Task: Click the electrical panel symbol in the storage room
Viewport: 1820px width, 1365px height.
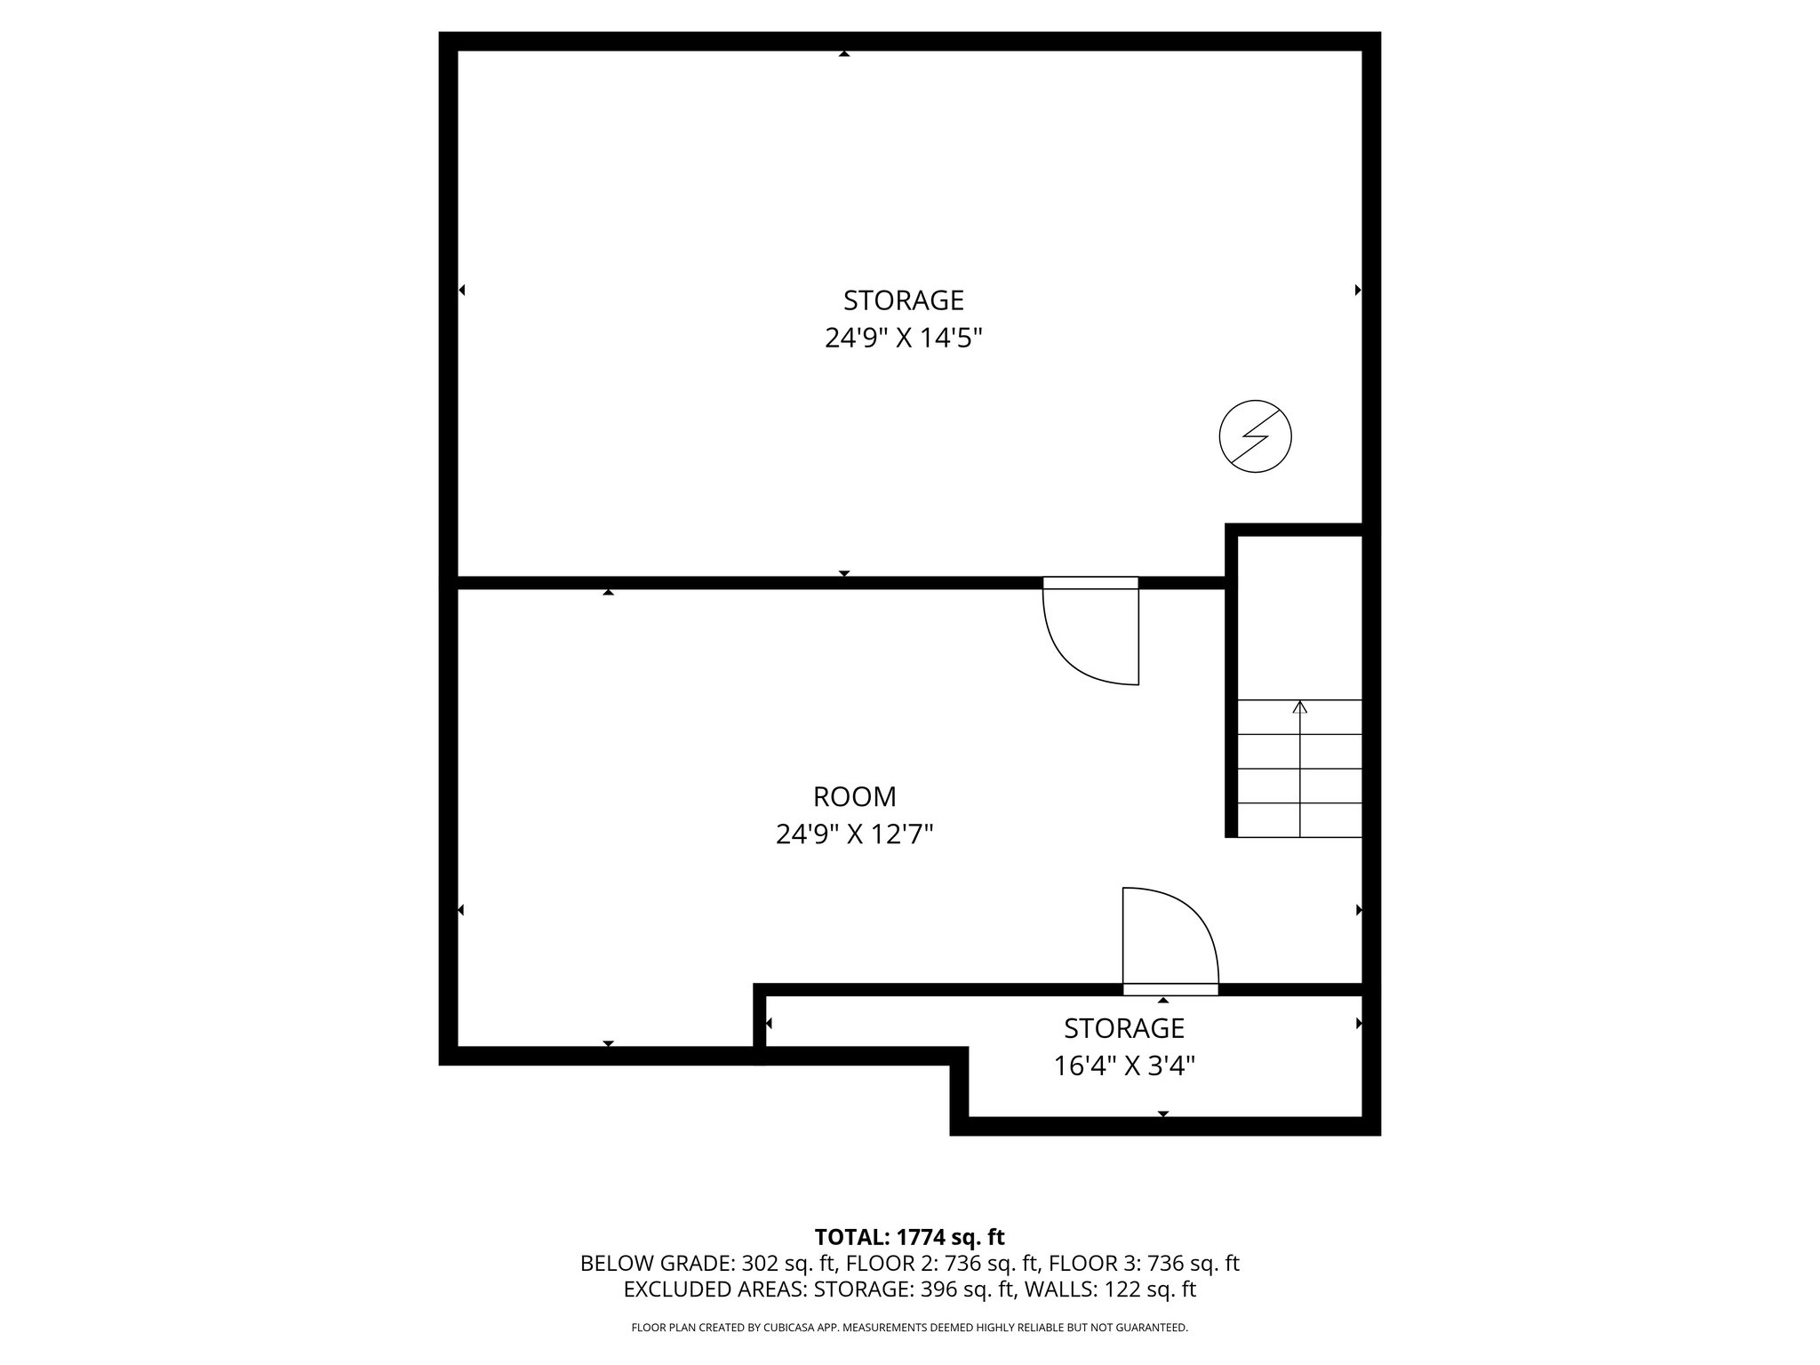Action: pyautogui.click(x=1255, y=436)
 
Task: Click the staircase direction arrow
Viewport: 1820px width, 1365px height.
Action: pyautogui.click(x=1300, y=708)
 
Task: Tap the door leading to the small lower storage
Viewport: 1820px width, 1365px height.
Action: pyautogui.click(x=1169, y=942)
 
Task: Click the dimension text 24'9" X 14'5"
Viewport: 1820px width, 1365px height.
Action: pyautogui.click(x=903, y=339)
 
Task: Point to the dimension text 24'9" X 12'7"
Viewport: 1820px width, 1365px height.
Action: pyautogui.click(x=854, y=834)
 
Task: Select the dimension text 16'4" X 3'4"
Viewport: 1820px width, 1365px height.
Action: pyautogui.click(x=1123, y=1066)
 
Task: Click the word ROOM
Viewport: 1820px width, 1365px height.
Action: pyautogui.click(x=854, y=795)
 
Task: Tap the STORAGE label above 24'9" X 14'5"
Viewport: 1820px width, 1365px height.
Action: pyautogui.click(x=903, y=300)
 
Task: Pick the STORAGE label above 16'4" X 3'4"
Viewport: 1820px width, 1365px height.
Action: pyautogui.click(x=1123, y=1027)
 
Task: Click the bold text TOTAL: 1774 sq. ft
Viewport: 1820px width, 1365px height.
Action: pyautogui.click(x=909, y=1237)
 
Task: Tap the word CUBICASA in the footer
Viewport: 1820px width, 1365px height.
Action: pyautogui.click(x=794, y=1328)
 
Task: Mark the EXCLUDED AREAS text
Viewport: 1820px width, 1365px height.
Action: pyautogui.click(x=714, y=1289)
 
